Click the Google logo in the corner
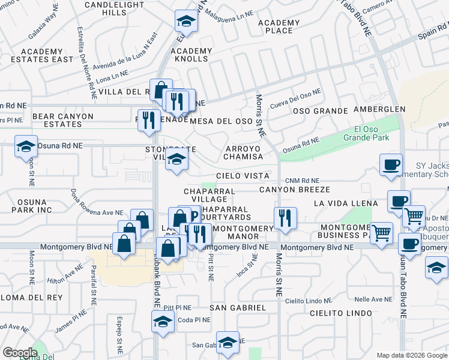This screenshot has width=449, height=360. click(20, 352)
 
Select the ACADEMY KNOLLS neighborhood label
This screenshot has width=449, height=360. click(191, 55)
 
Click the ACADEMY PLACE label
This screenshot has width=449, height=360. click(279, 26)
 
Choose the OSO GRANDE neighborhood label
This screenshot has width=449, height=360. click(320, 111)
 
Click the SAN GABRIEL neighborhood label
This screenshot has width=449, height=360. click(238, 308)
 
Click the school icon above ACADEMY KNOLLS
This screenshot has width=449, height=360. click(187, 23)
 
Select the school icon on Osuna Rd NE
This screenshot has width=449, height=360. click(26, 148)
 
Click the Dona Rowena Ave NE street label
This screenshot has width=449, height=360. click(88, 203)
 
